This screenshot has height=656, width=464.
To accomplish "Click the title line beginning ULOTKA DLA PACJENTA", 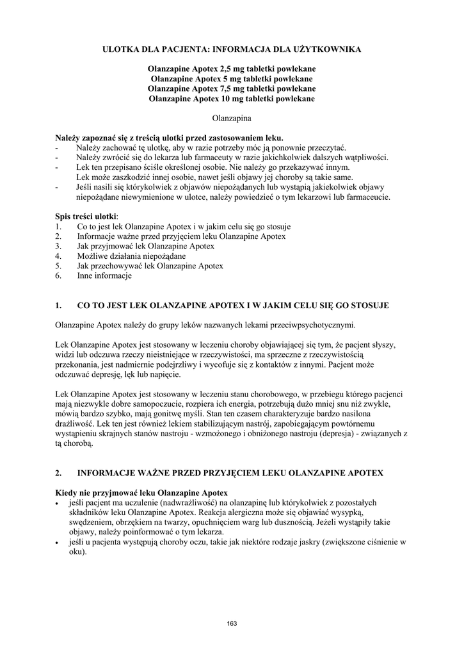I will click(232, 49).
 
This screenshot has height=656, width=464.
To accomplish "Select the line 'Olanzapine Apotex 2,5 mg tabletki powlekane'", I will click(232, 69).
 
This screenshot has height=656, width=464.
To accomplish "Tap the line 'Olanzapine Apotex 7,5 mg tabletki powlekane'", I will click(232, 88).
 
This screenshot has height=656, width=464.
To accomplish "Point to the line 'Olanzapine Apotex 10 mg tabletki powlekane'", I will click(232, 99).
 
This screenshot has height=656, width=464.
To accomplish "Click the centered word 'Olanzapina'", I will click(232, 119).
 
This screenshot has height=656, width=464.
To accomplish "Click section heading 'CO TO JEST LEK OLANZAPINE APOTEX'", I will click(232, 305).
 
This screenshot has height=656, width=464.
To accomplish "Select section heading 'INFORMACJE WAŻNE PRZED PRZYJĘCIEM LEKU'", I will click(230, 473).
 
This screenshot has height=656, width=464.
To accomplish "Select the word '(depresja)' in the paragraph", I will click(329, 434).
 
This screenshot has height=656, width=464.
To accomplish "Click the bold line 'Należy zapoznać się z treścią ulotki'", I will click(169, 138).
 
